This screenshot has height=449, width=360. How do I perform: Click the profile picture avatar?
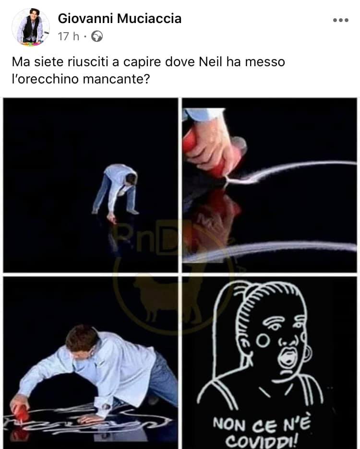tap(31, 27)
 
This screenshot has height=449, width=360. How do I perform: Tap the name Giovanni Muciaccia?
tap(120, 19)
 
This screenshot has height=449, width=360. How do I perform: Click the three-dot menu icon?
tap(341, 20)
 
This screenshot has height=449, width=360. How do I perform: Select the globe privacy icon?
tap(97, 36)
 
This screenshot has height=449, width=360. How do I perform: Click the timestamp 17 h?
tap(69, 36)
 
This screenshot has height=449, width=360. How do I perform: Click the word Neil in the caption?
tap(211, 61)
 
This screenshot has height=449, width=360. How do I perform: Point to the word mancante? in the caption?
tap(116, 79)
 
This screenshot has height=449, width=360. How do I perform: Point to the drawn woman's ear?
tap(307, 354)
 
